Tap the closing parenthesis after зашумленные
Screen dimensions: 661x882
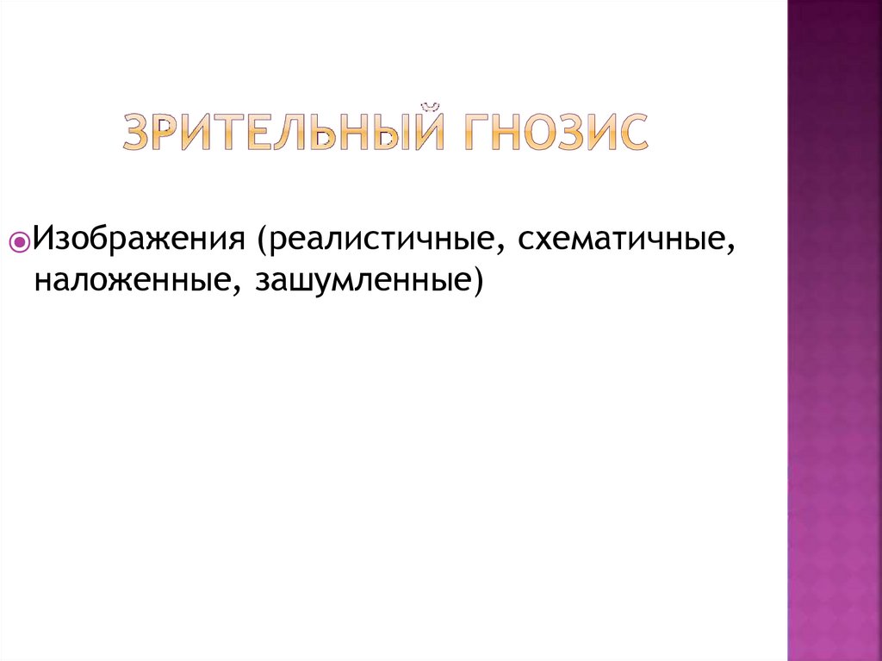tap(476, 279)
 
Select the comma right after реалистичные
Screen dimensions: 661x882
tap(500, 246)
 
